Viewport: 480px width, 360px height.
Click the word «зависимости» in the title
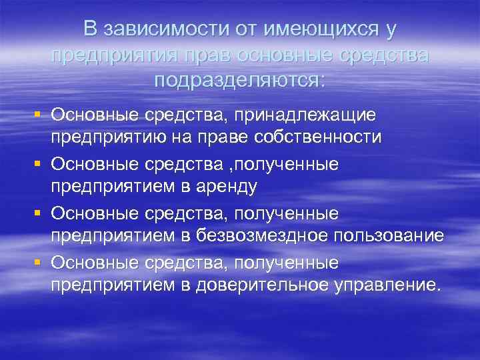tap(164, 29)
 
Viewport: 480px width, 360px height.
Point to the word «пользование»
tap(387, 236)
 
